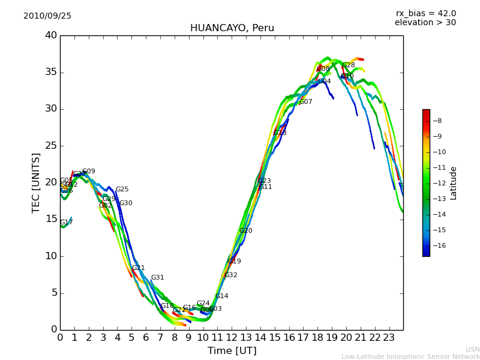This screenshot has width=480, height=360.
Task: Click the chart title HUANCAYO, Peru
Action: [x=232, y=28]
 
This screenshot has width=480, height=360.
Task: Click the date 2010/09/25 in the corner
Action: [x=47, y=16]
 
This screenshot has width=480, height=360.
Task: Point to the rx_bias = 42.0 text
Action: [x=425, y=13]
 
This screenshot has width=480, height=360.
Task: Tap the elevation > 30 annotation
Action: [x=425, y=23]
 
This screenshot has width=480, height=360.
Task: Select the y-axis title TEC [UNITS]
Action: [x=36, y=182]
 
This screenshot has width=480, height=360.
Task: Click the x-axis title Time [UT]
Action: [x=232, y=351]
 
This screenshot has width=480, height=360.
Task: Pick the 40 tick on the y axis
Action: [x=50, y=35]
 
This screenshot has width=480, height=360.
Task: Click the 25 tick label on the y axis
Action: [x=50, y=146]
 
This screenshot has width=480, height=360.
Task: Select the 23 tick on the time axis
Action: [x=389, y=337]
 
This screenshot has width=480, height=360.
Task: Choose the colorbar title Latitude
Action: [x=454, y=183]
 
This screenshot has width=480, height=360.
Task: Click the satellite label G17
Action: [x=66, y=223]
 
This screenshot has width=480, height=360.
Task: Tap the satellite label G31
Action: [x=157, y=278]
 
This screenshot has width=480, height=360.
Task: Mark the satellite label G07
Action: [x=305, y=102]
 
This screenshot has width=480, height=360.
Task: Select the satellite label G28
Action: [x=348, y=65]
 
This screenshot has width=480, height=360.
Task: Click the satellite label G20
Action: [x=245, y=231]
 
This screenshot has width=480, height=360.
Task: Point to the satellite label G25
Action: [x=122, y=190]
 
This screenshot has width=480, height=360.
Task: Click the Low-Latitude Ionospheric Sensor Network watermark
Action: [x=410, y=357]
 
